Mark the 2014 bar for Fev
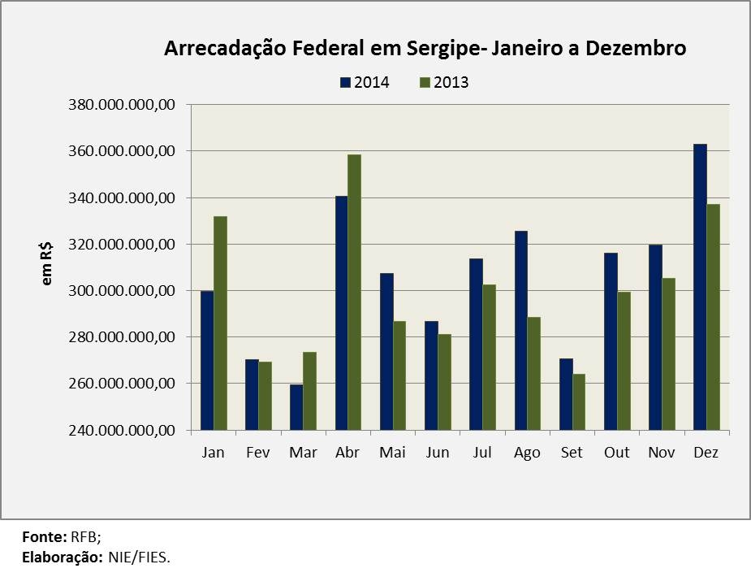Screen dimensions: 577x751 252,394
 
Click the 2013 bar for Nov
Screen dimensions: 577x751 669,354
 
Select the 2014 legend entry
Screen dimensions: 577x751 364,82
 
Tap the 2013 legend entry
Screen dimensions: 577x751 443,82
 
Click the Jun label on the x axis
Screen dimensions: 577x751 437,453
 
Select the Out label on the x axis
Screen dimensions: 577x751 616,453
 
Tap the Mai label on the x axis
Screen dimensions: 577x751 392,453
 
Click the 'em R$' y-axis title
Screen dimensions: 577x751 47,265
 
